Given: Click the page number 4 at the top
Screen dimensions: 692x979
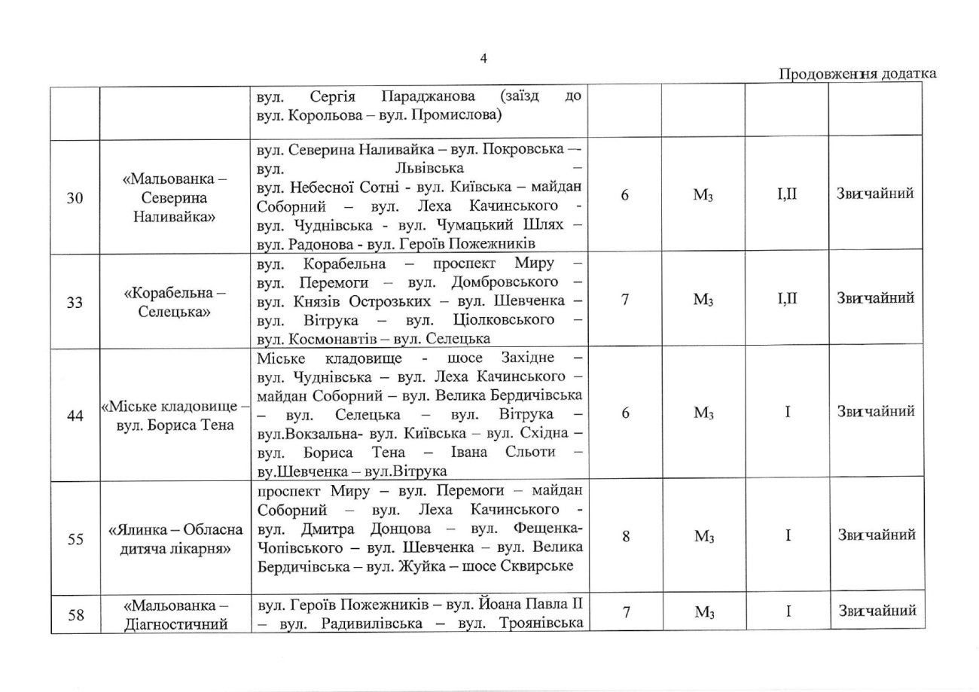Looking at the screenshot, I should [x=483, y=59].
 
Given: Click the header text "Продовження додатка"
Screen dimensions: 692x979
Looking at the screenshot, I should [x=857, y=73].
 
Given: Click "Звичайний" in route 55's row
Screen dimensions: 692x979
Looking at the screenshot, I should [x=876, y=535].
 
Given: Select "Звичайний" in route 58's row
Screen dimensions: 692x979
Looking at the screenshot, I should [x=876, y=613].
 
